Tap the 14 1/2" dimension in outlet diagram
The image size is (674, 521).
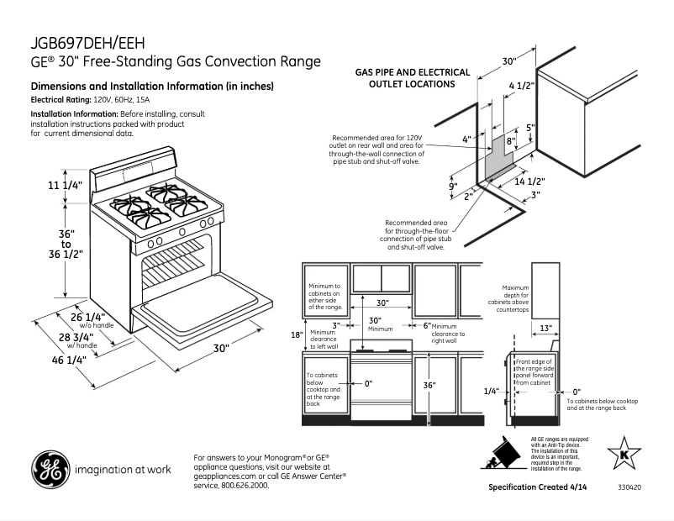530,181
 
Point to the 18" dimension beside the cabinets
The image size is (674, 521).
296,334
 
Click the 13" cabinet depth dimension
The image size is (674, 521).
545,328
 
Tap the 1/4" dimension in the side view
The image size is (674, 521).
492,391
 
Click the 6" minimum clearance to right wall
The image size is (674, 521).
426,324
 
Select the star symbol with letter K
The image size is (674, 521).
624,453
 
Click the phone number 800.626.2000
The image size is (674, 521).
243,485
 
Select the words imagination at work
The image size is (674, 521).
123,471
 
